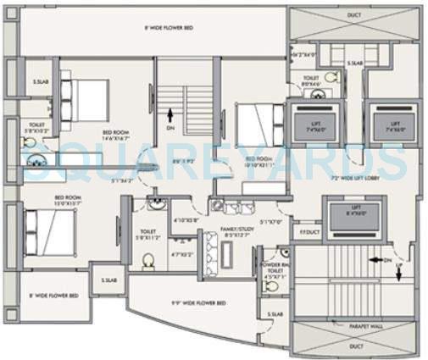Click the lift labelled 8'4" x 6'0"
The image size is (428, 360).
click(351, 210)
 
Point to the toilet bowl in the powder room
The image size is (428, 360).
click(272, 286)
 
